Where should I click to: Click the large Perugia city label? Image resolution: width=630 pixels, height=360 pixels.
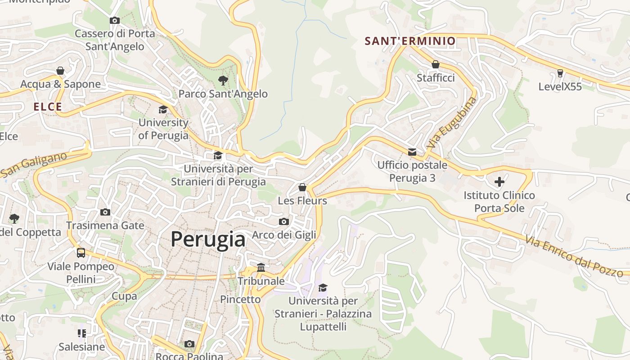[208, 239]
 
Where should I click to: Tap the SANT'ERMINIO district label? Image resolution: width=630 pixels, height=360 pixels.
[410, 41]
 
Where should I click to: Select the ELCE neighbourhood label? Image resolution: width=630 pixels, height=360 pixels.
[48, 107]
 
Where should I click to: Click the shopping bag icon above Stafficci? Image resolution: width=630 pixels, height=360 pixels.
[435, 64]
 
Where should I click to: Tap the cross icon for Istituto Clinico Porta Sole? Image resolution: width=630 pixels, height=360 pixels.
[499, 182]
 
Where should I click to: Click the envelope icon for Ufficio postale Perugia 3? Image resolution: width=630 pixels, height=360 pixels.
[412, 152]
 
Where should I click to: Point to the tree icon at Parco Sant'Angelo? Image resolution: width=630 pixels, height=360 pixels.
[223, 81]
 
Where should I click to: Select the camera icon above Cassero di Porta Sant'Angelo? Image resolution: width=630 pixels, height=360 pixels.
[115, 20]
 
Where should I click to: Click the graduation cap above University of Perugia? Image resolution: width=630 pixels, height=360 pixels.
[163, 109]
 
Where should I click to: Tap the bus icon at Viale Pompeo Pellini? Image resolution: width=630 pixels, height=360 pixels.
[81, 253]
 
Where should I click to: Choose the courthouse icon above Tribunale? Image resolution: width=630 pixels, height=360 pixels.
[261, 268]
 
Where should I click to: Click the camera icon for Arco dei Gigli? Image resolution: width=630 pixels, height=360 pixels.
[284, 221]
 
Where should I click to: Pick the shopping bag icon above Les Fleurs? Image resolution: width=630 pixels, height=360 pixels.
[302, 187]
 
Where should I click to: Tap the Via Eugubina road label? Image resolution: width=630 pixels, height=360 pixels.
[451, 123]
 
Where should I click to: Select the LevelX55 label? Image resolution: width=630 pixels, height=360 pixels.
[560, 87]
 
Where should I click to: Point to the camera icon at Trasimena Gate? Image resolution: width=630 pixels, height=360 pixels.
[105, 212]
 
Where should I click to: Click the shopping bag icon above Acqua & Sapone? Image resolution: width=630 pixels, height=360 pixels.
[60, 71]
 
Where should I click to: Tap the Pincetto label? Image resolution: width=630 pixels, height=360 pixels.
[240, 299]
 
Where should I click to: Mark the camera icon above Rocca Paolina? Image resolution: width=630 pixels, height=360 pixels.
[189, 344]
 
